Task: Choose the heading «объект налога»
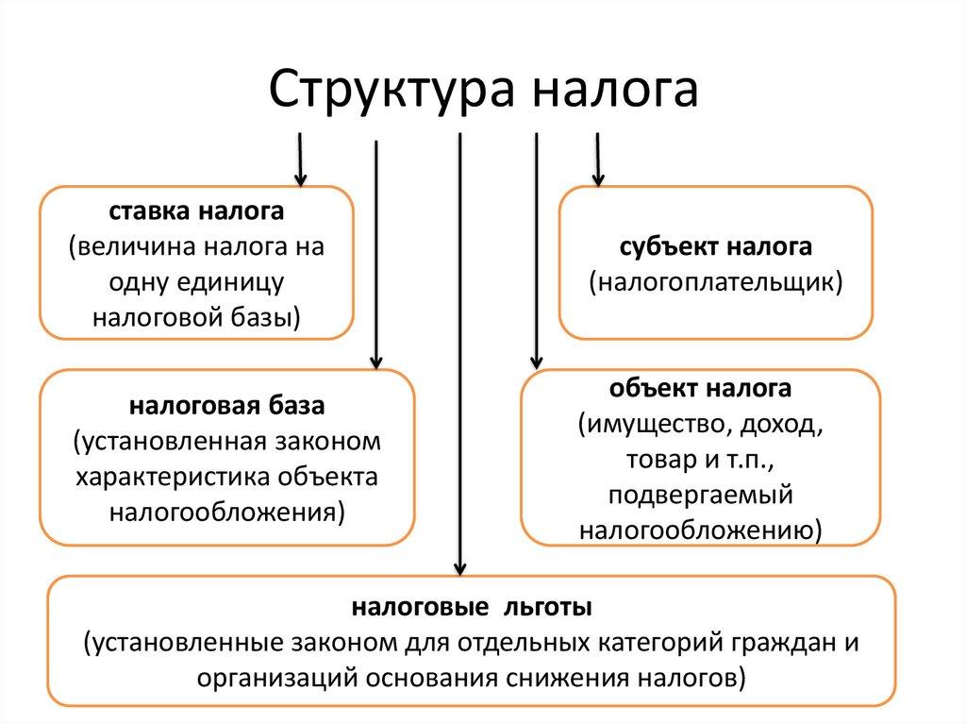[700, 389]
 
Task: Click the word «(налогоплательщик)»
[716, 281]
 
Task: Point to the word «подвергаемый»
[700, 496]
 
